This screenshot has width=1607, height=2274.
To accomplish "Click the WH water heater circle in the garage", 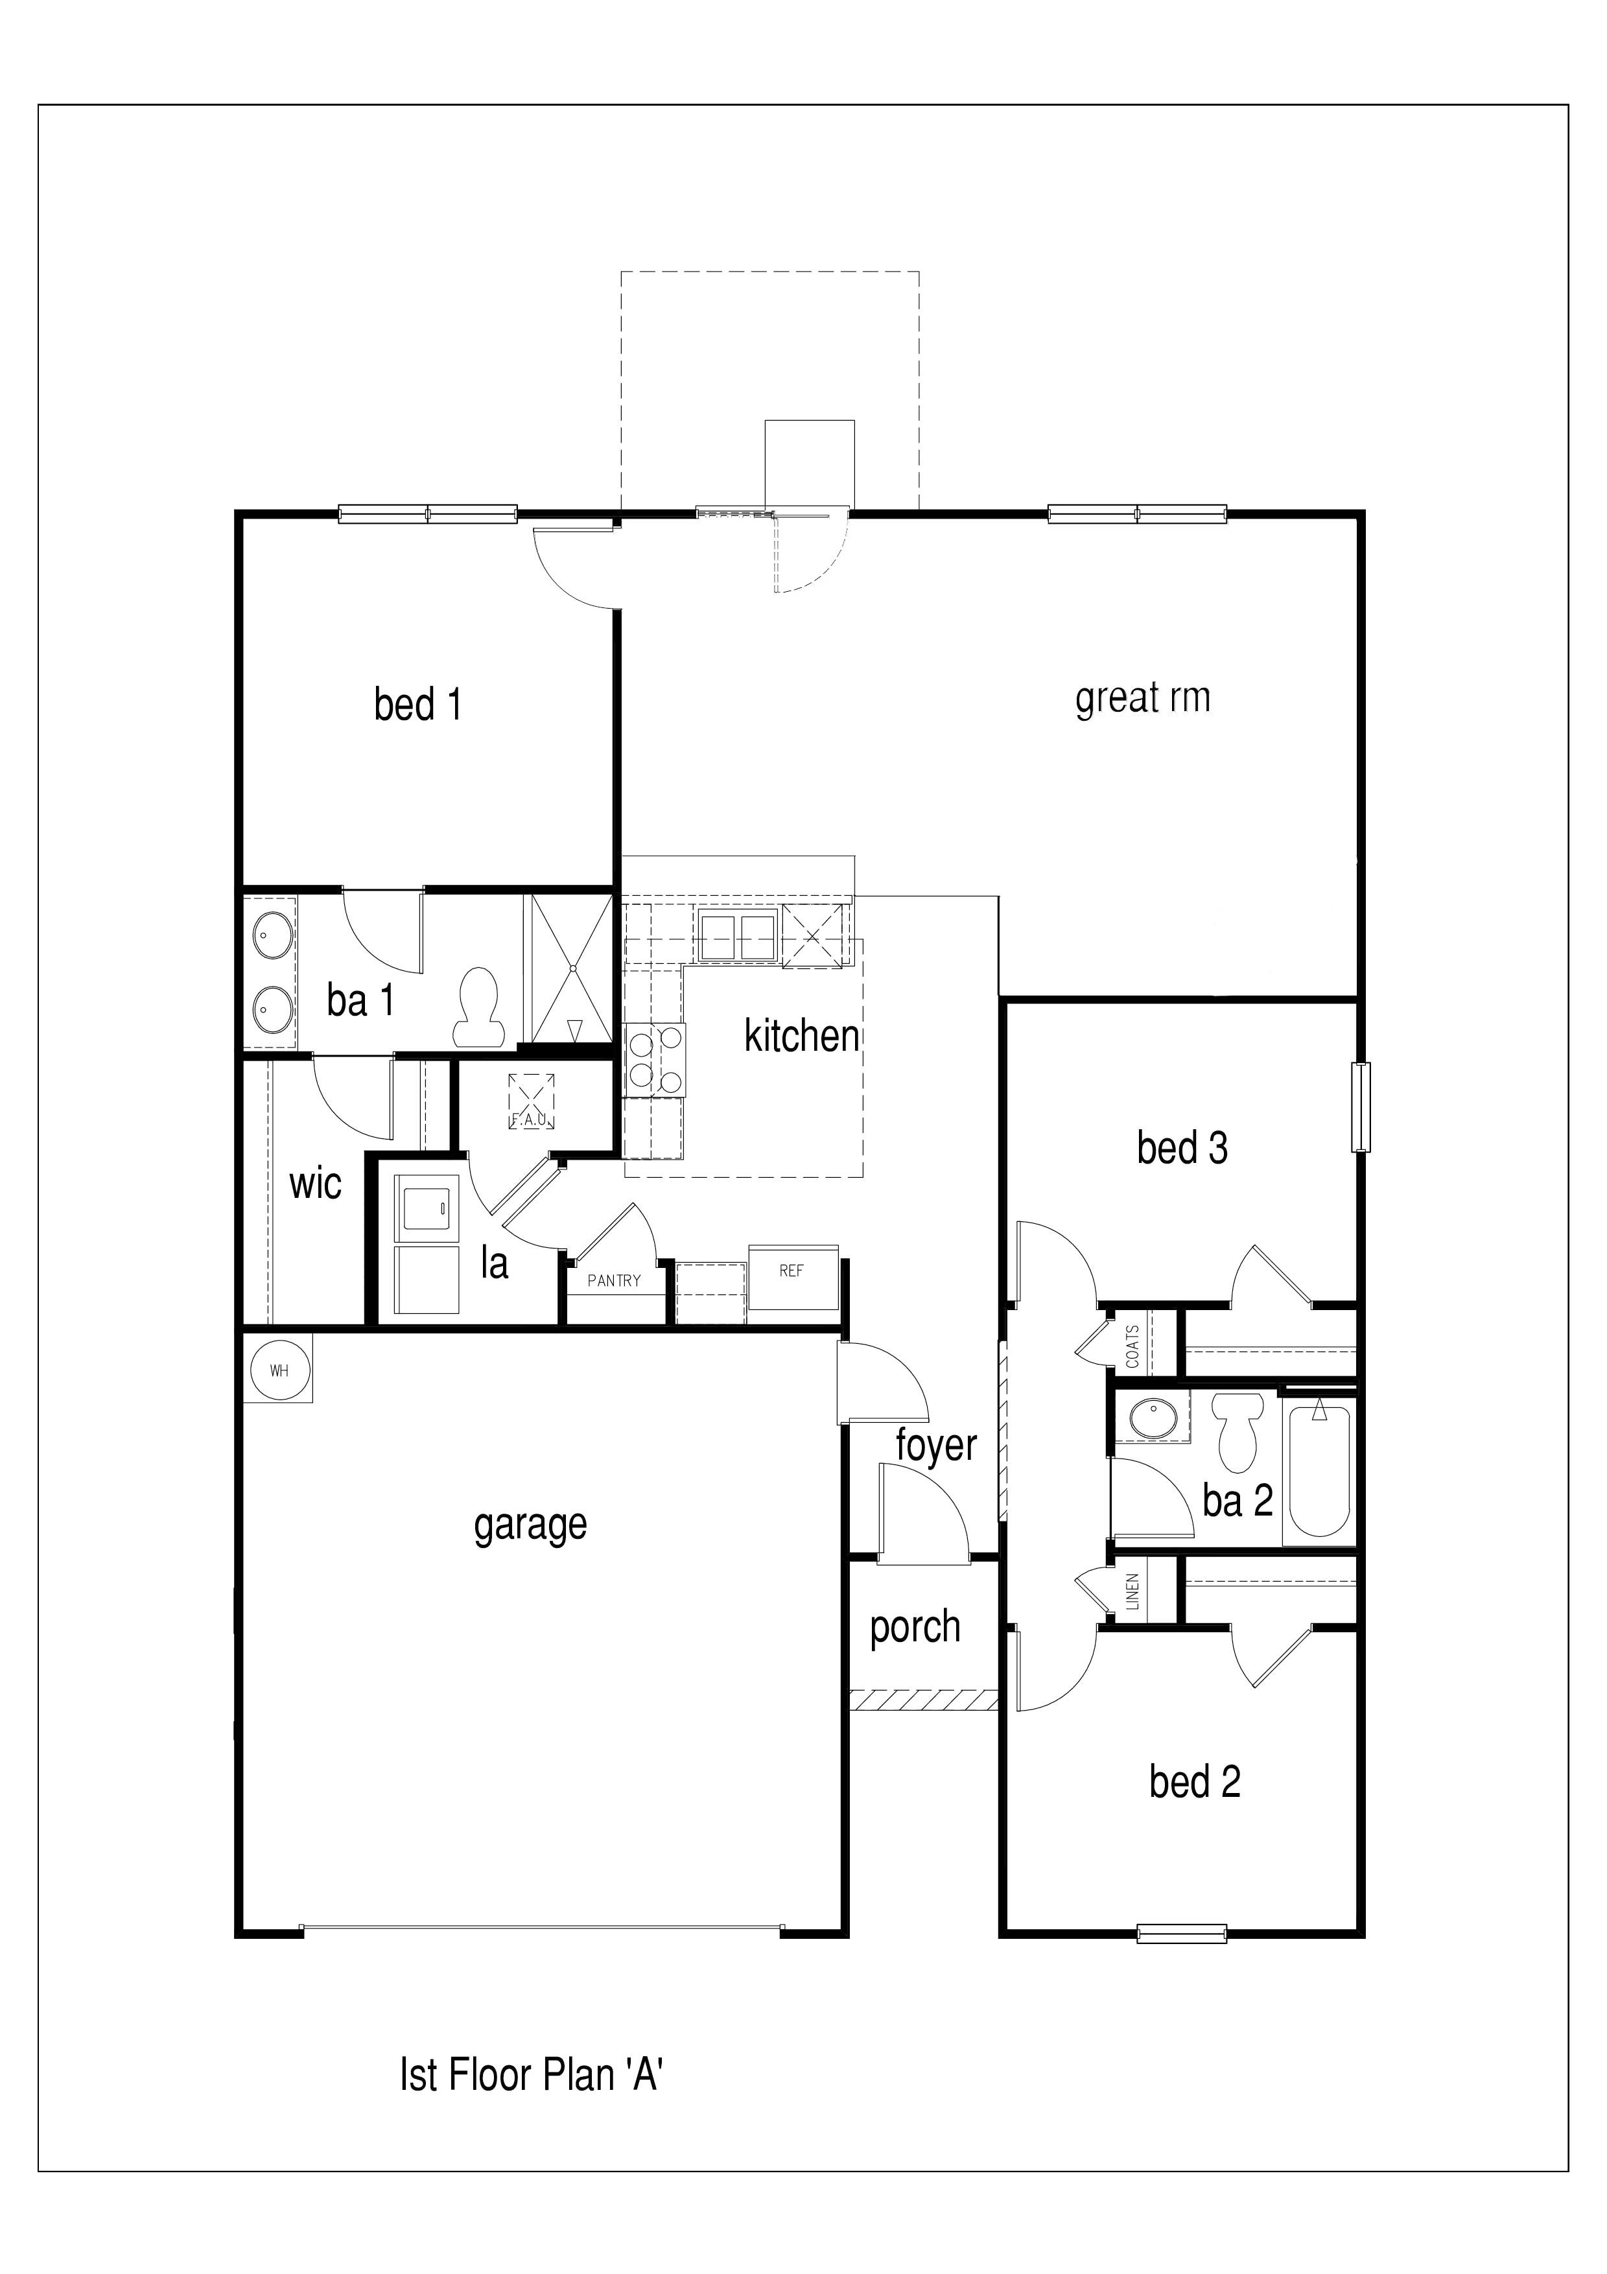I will tap(279, 1371).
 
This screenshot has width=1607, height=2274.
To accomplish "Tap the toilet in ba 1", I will tap(479, 1007).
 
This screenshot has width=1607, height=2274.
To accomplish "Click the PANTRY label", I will tap(614, 1281).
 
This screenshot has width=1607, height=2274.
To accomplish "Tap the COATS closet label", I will tap(1132, 1346).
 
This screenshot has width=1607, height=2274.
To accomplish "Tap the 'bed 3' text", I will tap(1182, 1148).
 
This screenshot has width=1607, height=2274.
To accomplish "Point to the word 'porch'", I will tap(915, 1627).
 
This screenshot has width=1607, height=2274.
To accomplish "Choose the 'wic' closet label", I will tap(315, 1184).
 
